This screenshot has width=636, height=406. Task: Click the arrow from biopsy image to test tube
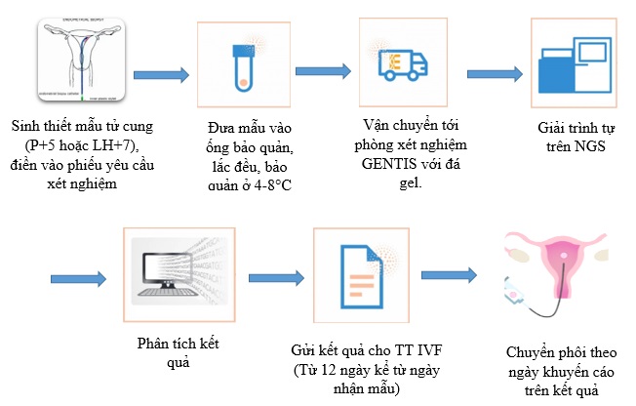pyautogui.click(x=161, y=75)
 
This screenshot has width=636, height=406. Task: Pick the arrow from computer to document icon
pyautogui.click(x=277, y=278)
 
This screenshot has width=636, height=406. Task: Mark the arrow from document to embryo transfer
pyautogui.click(x=453, y=277)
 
